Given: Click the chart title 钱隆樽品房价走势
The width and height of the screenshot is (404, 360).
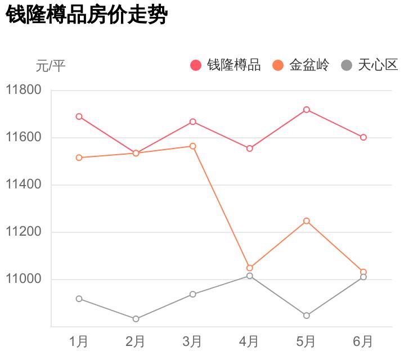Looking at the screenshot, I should [x=87, y=15].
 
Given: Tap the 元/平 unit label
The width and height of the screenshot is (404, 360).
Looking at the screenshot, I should [x=51, y=66].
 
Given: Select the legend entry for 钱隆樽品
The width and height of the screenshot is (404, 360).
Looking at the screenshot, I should [x=226, y=65].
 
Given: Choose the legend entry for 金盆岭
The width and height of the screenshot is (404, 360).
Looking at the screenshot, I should [x=301, y=65].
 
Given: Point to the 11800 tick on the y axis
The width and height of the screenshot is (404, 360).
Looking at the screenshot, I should [x=24, y=90].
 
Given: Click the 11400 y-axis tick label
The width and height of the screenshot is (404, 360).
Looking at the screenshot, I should [x=24, y=184].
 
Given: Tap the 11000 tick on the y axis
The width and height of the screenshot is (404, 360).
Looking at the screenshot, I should [x=24, y=279].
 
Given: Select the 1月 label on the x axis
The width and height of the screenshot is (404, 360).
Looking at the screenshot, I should [x=79, y=341].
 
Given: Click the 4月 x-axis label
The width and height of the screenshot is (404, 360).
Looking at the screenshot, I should [x=249, y=341].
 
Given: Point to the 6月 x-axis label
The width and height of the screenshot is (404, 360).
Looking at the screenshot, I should [x=363, y=341].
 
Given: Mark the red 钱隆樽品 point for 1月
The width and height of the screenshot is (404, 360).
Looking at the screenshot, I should [x=79, y=116].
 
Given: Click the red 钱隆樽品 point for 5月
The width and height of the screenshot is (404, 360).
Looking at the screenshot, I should [x=307, y=110].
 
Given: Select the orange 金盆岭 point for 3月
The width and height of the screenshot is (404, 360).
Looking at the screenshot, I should [x=192, y=146].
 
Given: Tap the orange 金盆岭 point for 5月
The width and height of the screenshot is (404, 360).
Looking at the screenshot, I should [x=307, y=221].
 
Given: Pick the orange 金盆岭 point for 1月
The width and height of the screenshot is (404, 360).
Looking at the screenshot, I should [x=79, y=158].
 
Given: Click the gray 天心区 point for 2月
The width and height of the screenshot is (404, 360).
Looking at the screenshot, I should [x=136, y=319].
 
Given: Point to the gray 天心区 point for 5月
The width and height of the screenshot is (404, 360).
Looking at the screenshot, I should [x=307, y=316].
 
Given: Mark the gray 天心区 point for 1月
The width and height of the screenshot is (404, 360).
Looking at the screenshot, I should [x=79, y=299].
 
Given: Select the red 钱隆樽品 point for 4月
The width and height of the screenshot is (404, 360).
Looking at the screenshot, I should [x=249, y=148].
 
